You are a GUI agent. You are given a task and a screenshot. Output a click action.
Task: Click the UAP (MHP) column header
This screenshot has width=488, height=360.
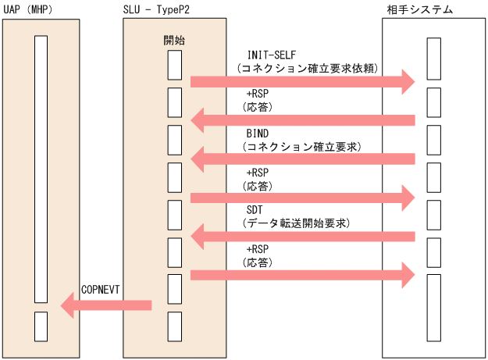point(28,9)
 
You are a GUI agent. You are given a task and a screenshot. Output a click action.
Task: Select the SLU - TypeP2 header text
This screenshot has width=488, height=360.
point(161,9)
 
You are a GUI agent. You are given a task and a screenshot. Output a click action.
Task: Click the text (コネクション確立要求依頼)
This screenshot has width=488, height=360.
point(308,69)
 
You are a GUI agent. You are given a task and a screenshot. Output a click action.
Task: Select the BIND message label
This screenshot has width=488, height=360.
point(257,134)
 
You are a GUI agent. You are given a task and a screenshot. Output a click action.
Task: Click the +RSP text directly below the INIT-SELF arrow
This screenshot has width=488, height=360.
point(257,94)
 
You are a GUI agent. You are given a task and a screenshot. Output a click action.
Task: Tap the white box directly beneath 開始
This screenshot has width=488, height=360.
point(175,64)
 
